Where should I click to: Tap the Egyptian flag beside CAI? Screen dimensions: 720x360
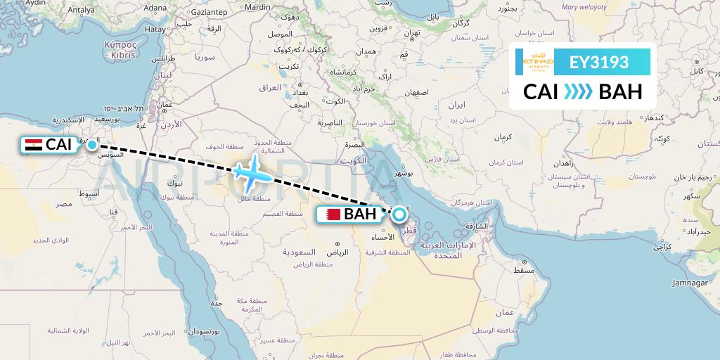coord(33,145)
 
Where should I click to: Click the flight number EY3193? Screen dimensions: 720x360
coord(599,63)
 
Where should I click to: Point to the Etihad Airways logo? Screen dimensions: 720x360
coord(539,63)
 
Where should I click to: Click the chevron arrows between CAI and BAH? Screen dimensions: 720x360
coord(577,91)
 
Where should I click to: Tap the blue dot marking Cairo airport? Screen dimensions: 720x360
coord(92,144)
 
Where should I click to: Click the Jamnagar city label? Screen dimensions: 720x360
coord(692,283)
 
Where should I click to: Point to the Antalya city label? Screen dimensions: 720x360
coord(82,10)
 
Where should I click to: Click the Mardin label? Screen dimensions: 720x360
coord(257,6)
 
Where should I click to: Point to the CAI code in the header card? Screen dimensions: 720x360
coord(541,91)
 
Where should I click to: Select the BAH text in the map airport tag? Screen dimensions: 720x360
coord(360,214)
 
